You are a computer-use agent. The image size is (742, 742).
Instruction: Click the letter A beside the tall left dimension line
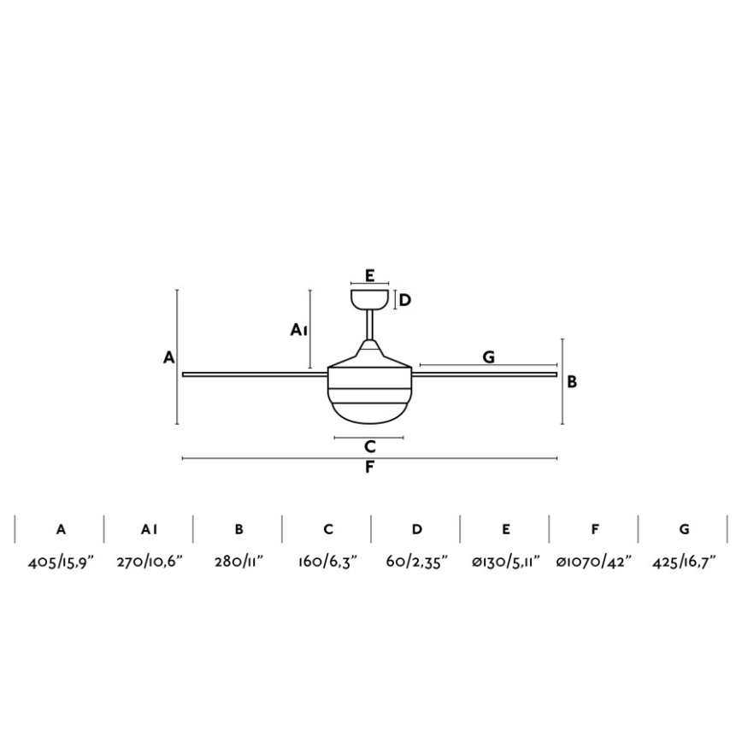pos(169,357)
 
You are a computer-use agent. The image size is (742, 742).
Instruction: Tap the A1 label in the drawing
pos(299,330)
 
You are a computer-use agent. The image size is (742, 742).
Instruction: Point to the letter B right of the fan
pos(572,382)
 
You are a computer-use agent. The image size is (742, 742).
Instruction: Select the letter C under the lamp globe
pos(370,446)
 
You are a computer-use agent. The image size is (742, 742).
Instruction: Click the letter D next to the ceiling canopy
pos(405,300)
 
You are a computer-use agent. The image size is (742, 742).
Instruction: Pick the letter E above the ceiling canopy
pos(370,275)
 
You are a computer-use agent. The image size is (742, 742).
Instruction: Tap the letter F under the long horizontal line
pos(369,468)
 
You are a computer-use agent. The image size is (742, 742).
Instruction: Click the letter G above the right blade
pos(489,356)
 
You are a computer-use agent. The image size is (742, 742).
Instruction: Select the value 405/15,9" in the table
pos(61,562)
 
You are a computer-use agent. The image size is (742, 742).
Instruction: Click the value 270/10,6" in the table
pos(150,562)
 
